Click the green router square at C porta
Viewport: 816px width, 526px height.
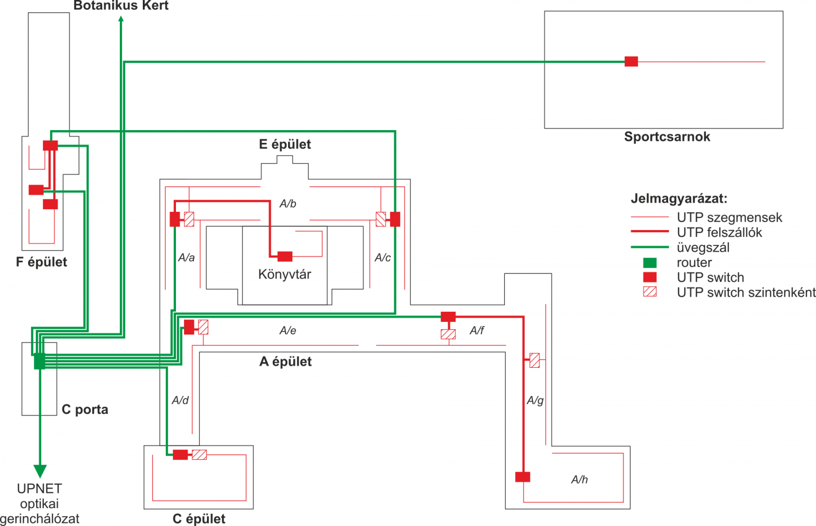40,361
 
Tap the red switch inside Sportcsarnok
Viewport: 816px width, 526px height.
631,62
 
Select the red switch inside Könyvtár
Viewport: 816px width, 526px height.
285,256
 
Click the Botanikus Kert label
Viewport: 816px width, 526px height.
121,6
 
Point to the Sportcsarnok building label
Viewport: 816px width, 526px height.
667,137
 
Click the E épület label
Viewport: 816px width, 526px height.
285,144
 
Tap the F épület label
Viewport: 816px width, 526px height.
41,262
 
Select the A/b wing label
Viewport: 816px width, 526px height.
288,204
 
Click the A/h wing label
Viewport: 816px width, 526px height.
579,480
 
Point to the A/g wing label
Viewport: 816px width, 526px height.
535,400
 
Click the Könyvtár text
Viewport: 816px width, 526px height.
285,274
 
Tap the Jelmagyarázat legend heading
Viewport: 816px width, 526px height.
679,198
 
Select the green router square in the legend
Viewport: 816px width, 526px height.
650,263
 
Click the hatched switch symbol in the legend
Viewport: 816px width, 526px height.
650,292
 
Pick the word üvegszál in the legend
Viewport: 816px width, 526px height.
703,248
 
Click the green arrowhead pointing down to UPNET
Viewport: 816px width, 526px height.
40,470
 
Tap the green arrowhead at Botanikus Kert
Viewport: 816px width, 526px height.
121,19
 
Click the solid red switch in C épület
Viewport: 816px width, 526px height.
180,455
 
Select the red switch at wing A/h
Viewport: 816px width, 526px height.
523,477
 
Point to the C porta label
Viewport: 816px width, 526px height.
85,410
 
